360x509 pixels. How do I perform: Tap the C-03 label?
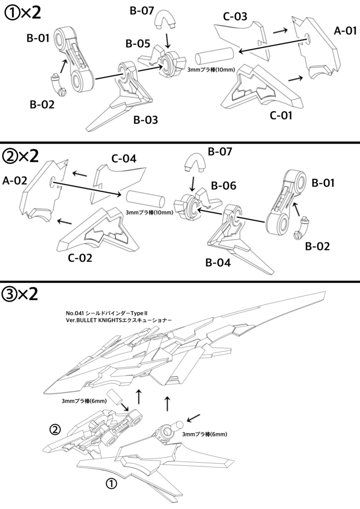235,16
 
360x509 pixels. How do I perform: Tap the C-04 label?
124,159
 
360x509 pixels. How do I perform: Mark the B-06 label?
223,185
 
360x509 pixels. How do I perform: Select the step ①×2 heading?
22,12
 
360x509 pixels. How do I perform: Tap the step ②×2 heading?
20,156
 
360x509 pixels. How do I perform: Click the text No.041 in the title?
75,313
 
